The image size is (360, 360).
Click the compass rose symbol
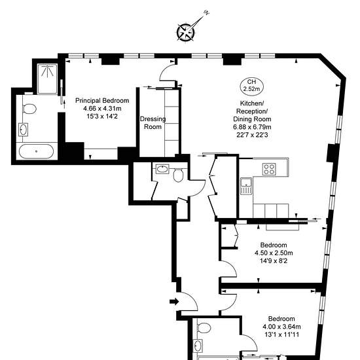pyautogui.click(x=185, y=32)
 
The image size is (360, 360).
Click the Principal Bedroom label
pyautogui.click(x=102, y=101)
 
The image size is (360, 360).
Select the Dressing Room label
pyautogui.click(x=153, y=123)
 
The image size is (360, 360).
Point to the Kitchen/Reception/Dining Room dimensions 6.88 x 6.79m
pyautogui.click(x=252, y=127)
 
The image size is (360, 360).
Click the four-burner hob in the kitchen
pyautogui.click(x=269, y=170)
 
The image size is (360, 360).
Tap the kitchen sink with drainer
pyautogui.click(x=246, y=186)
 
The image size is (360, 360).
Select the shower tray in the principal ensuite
pyautogui.click(x=47, y=79)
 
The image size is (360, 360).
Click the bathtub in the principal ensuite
pyautogui.click(x=36, y=152)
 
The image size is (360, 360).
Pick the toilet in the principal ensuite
pyautogui.click(x=29, y=109)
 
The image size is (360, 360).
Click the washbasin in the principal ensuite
pyautogui.click(x=23, y=130)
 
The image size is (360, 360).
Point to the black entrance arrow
pyautogui.click(x=174, y=302)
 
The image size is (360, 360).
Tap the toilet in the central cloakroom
pyautogui.click(x=178, y=175)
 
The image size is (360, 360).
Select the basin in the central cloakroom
pyautogui.click(x=162, y=169)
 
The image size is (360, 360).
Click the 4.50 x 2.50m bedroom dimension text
pyautogui.click(x=274, y=253)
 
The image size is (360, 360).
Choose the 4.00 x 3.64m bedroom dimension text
pyautogui.click(x=281, y=327)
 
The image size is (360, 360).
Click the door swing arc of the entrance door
pyautogui.click(x=192, y=298)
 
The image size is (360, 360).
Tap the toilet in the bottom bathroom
pyautogui.click(x=204, y=328)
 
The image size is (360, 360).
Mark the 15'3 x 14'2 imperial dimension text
pyautogui.click(x=102, y=117)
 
